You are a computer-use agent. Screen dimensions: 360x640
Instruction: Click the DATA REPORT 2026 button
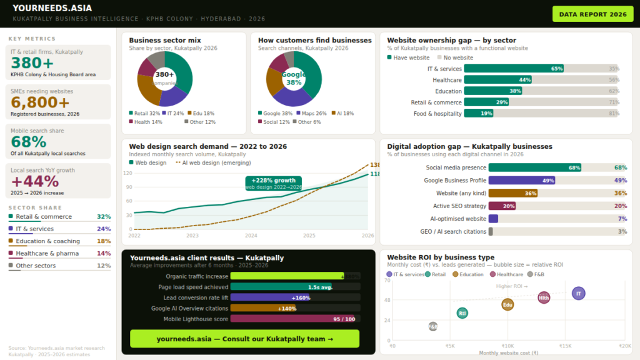[x=592, y=14]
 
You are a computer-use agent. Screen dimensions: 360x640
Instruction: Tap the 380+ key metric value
[x=32, y=63]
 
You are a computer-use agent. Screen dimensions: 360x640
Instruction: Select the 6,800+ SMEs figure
[x=40, y=102]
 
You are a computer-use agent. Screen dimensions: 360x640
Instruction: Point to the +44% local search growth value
[x=35, y=181]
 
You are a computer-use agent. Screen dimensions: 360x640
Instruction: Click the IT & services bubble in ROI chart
[x=579, y=293]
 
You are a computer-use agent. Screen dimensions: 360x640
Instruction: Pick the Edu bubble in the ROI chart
[x=507, y=305]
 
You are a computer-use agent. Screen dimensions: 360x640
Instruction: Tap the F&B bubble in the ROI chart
[x=433, y=326]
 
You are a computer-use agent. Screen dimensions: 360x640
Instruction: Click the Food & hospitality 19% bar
[x=479, y=114]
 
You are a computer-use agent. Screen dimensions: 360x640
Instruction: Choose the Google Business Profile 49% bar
[x=522, y=180]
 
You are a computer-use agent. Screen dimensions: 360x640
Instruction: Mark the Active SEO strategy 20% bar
[x=502, y=206]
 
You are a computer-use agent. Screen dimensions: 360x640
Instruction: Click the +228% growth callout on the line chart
[x=274, y=182]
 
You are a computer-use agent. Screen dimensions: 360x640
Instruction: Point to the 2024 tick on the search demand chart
[x=251, y=236]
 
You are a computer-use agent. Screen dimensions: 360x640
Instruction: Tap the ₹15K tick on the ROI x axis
[x=566, y=346]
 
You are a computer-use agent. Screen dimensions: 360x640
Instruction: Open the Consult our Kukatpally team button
[x=244, y=339]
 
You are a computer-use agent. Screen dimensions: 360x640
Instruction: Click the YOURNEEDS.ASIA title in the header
[x=52, y=8]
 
